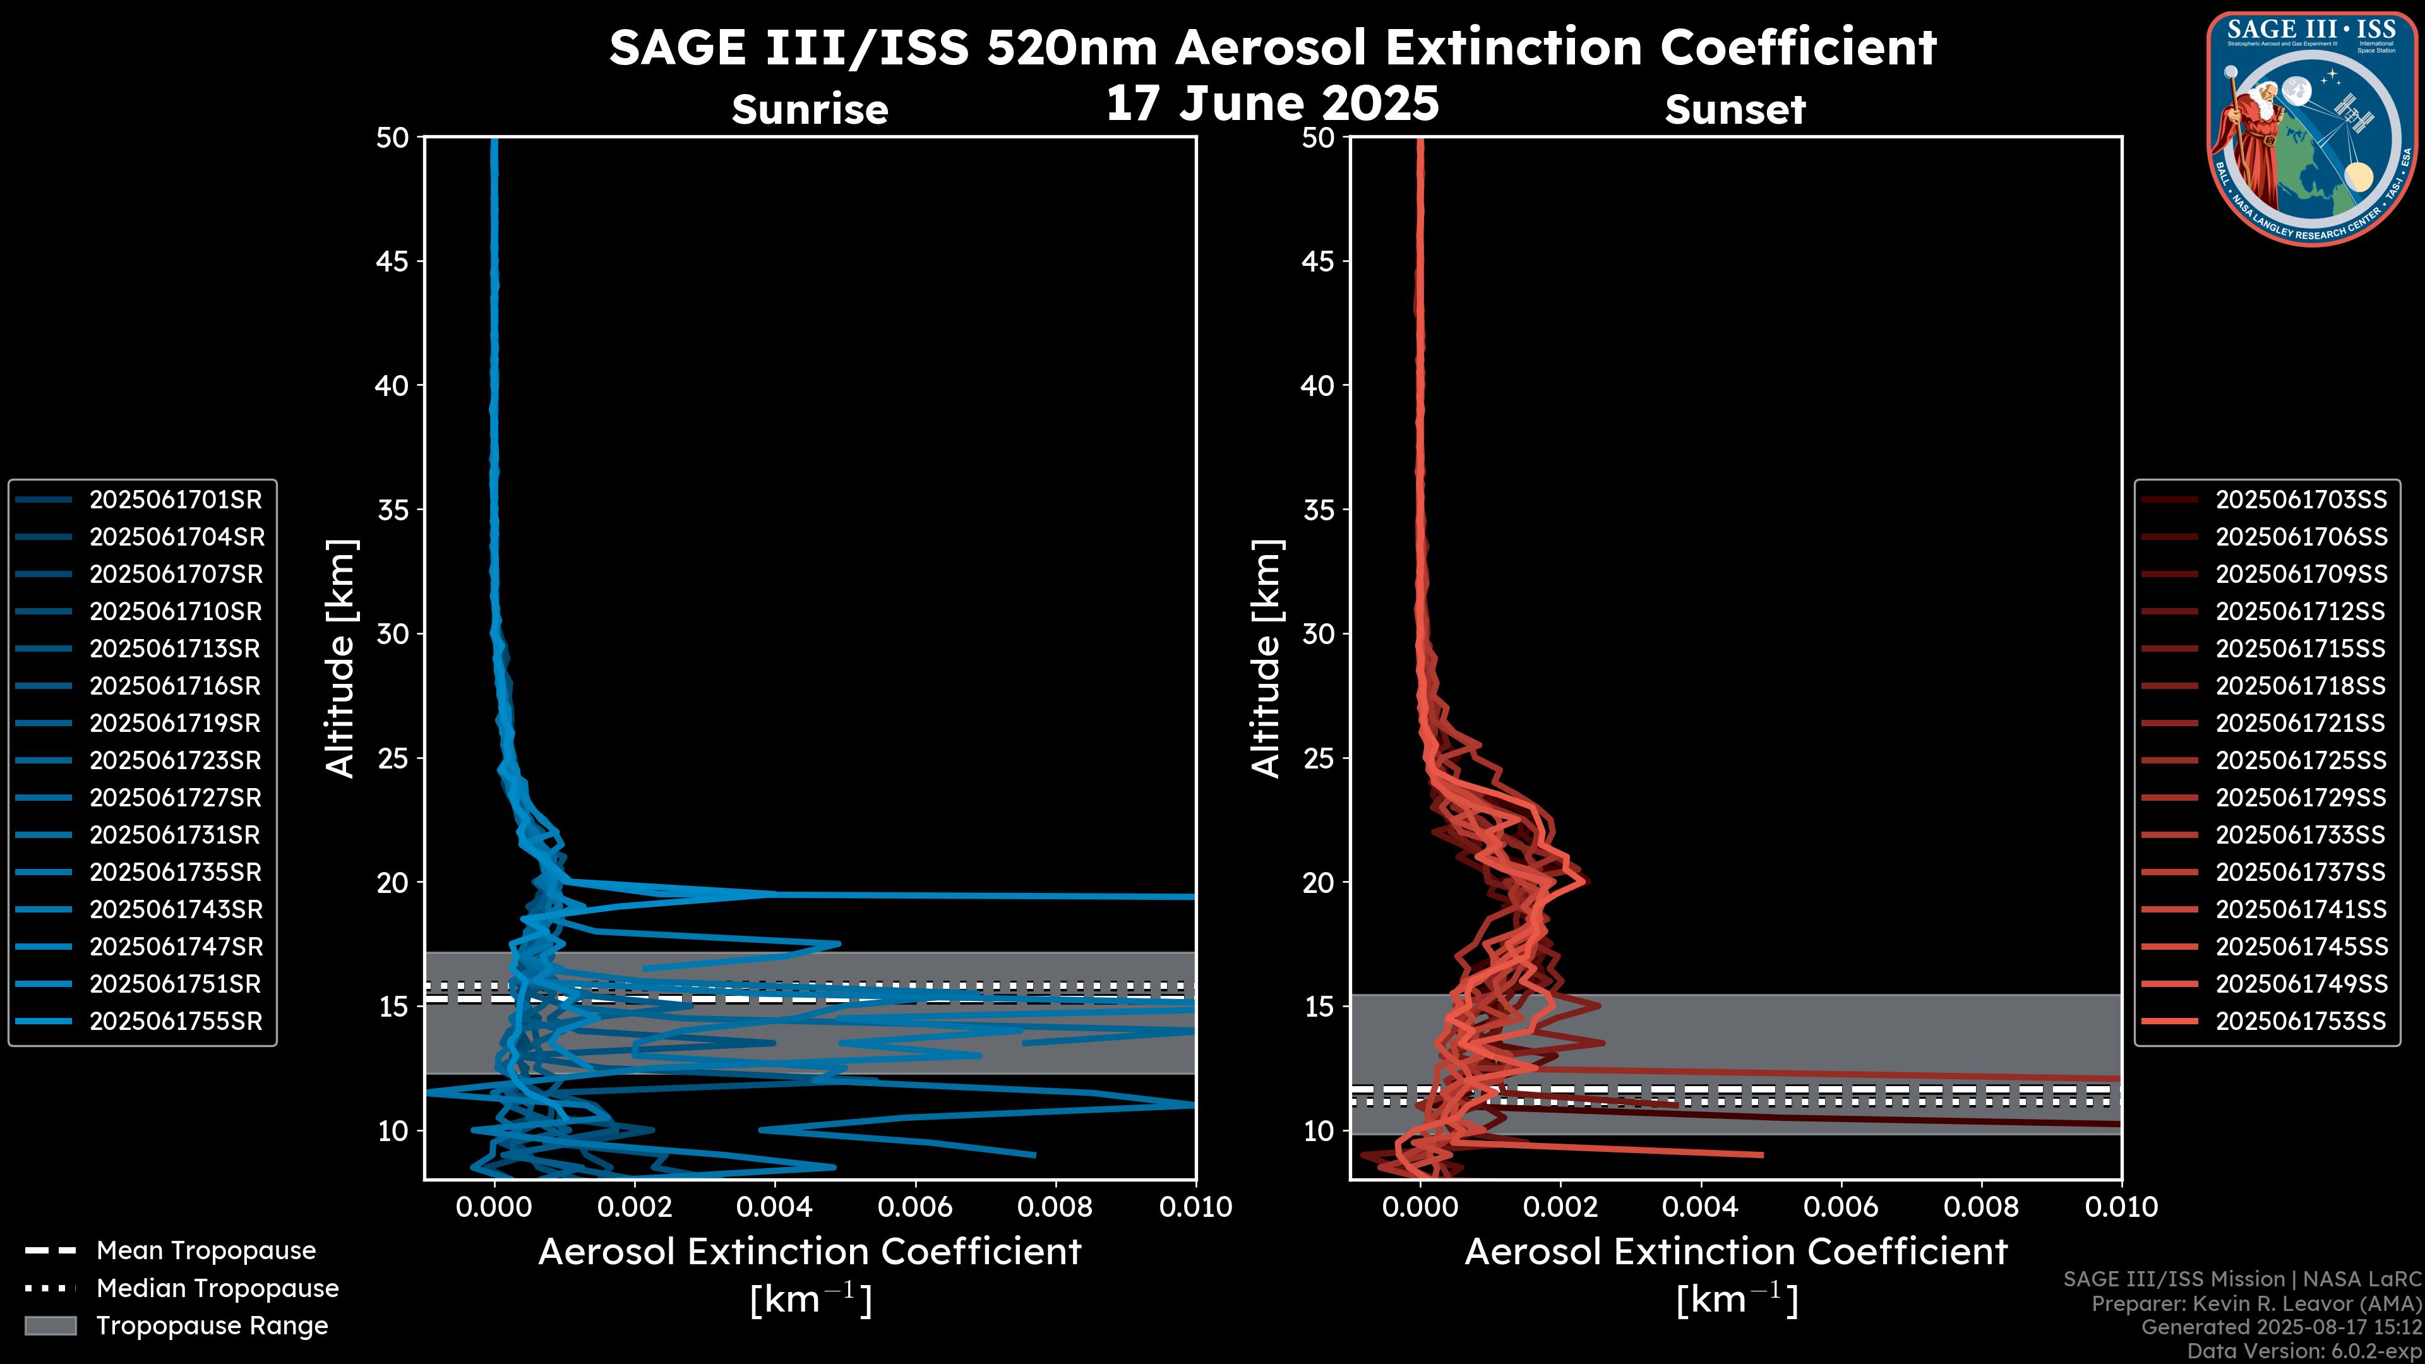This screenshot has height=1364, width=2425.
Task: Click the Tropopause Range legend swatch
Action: (51, 1325)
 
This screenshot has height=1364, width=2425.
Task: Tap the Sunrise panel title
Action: (810, 110)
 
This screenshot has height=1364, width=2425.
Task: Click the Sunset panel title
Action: (1735, 110)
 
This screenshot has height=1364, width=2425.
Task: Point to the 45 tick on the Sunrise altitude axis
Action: (393, 261)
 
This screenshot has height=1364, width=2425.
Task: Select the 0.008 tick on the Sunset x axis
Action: (1982, 1207)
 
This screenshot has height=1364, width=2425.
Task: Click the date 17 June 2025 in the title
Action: (1272, 104)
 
